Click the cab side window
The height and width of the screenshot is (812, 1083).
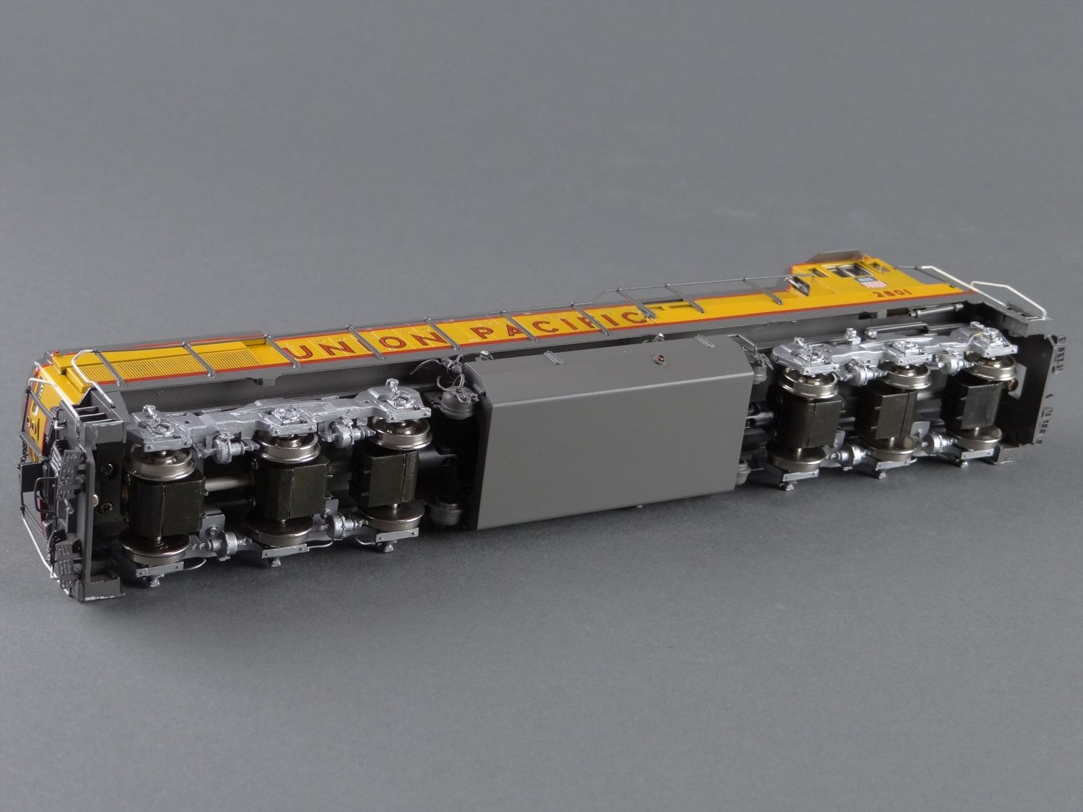pyautogui.click(x=843, y=271)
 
